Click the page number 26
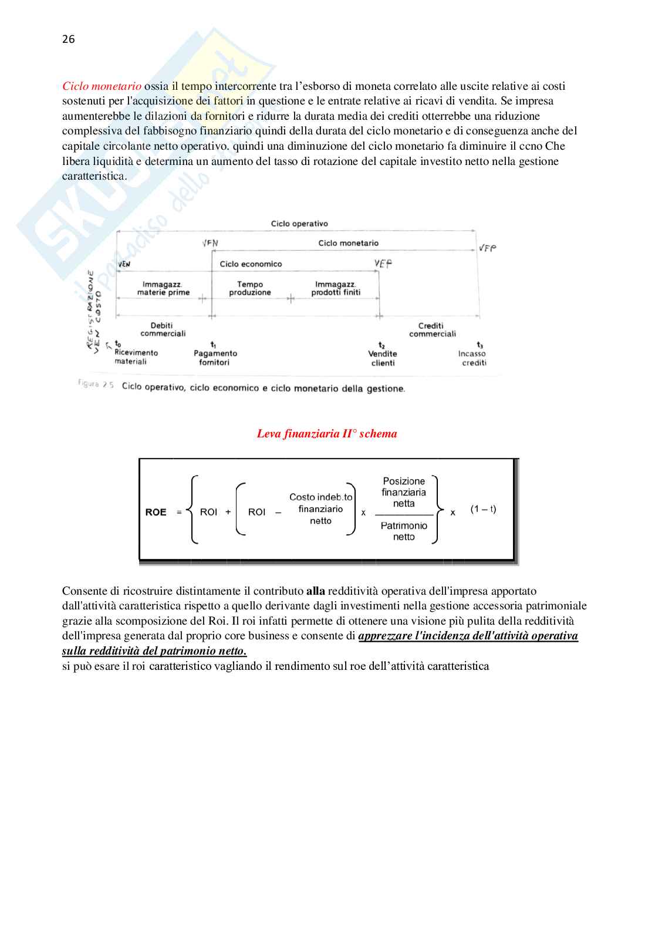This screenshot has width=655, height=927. (68, 39)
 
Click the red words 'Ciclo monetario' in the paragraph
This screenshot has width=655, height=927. (102, 86)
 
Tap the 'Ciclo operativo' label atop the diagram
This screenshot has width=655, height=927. (299, 224)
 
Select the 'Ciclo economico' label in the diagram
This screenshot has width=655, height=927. (251, 264)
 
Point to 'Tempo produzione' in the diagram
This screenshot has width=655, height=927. (250, 288)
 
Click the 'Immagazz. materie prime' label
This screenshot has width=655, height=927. (163, 288)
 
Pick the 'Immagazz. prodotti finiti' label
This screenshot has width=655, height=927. (336, 288)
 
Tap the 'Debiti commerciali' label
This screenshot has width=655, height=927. (163, 329)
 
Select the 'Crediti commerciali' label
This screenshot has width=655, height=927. (432, 330)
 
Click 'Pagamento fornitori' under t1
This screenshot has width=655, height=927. (215, 358)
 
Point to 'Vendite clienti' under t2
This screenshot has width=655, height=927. (383, 358)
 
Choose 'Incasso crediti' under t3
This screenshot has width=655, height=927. (472, 358)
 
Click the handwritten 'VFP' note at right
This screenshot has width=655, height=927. (487, 248)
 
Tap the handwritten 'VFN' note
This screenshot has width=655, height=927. (210, 243)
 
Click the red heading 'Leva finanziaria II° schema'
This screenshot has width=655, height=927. (327, 434)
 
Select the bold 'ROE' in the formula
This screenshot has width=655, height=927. (156, 512)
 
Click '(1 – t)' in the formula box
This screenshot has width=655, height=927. (483, 509)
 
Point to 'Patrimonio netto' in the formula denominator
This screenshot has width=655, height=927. (404, 531)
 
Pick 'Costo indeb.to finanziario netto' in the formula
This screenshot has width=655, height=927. (320, 509)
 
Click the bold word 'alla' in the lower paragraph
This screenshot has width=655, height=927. (316, 591)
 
